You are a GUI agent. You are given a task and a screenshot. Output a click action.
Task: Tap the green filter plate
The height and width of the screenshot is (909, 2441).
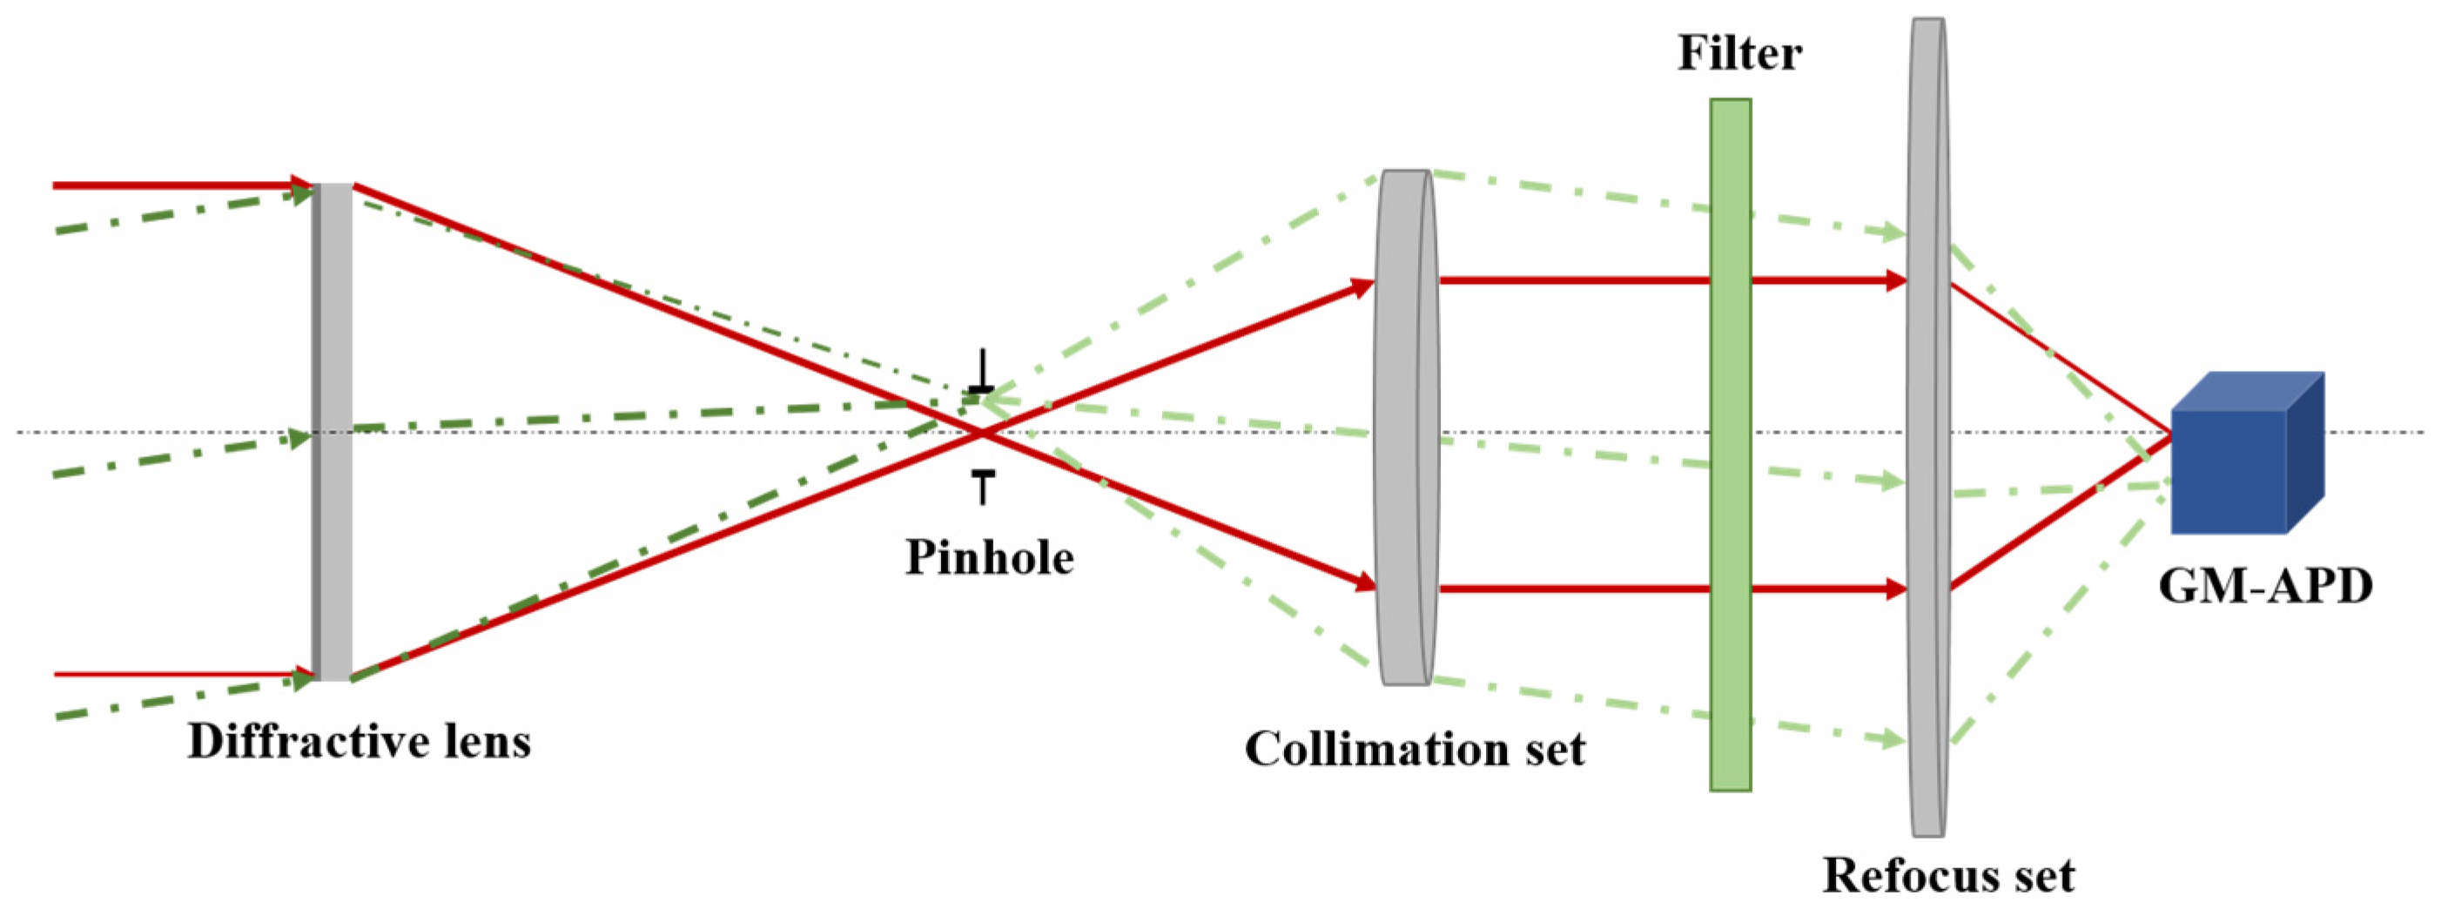coord(1731,446)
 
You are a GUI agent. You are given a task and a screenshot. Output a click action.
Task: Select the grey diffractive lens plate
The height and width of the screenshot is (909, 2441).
coord(333,431)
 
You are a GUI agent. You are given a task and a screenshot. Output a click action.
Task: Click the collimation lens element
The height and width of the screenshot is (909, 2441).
coord(1406,427)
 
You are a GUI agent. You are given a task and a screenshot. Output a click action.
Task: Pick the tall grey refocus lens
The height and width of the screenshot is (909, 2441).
coord(1928,427)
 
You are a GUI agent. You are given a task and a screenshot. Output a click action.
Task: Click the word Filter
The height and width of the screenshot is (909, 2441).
coord(1740,53)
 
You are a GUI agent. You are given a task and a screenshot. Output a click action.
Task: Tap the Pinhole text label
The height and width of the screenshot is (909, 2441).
coord(989,557)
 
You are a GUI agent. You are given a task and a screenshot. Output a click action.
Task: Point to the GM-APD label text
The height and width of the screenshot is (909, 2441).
coord(2265,586)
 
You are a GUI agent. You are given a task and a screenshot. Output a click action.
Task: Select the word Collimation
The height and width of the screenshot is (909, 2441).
coord(1344,749)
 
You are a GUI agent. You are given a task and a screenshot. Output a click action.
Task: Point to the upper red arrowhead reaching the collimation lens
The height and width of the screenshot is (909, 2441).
coord(1362,286)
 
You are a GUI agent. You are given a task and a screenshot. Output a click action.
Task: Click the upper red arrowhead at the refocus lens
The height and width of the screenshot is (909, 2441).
coord(1896,280)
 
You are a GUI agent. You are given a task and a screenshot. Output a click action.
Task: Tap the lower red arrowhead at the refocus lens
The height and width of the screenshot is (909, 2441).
coord(1896,589)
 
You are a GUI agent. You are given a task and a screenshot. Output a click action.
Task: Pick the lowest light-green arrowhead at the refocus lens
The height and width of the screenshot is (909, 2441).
coord(1893,739)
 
